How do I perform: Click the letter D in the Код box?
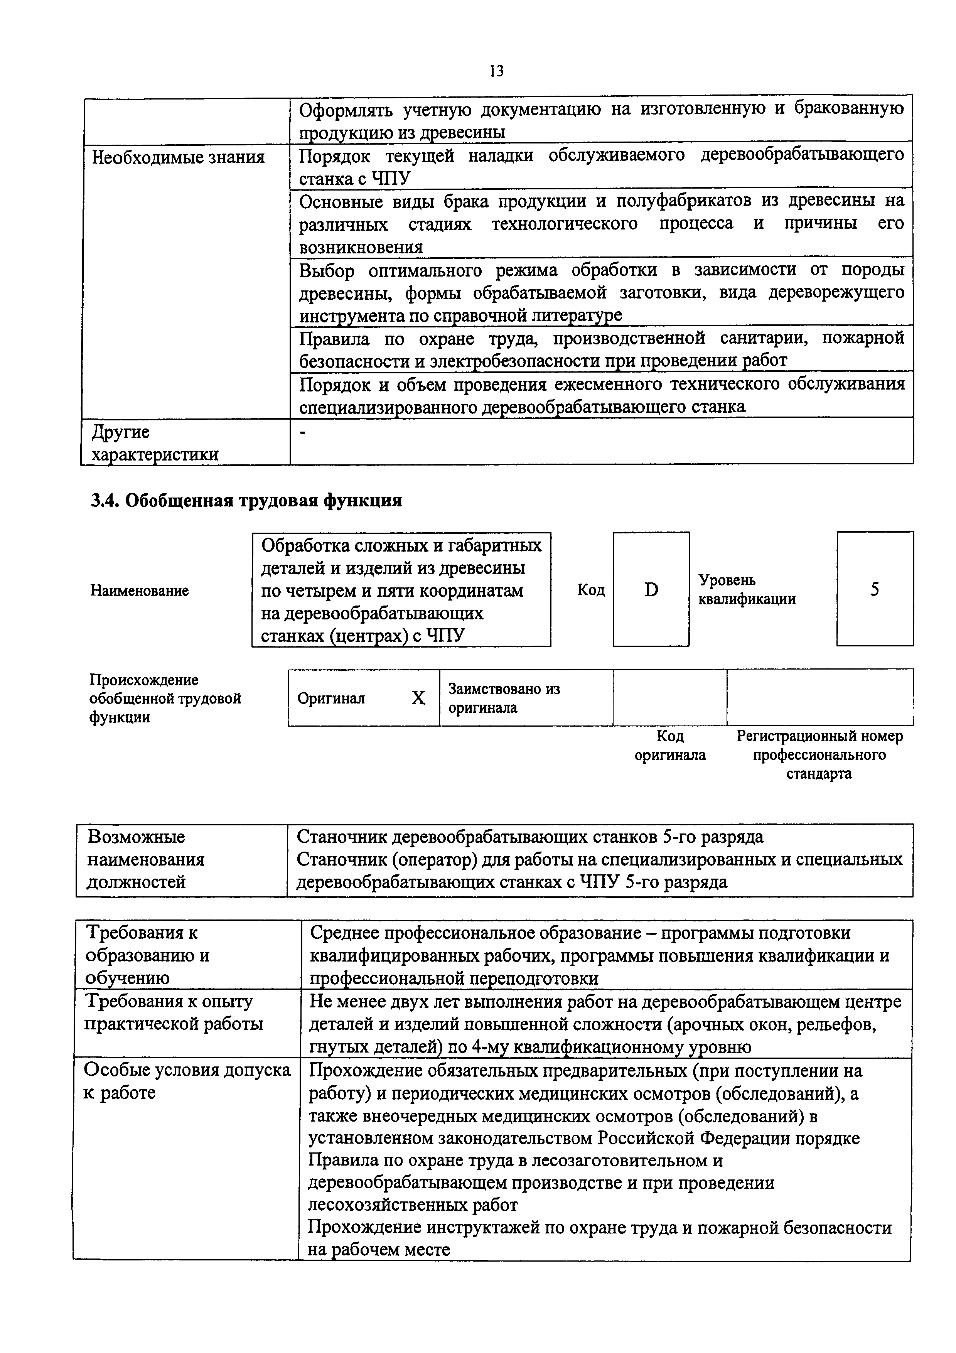point(651,589)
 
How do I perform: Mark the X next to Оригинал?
point(418,698)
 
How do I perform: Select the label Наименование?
point(140,590)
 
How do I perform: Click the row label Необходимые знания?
point(179,157)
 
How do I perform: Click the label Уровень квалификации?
point(747,589)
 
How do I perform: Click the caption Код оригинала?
point(670,746)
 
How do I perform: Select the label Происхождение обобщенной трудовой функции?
point(165,698)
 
